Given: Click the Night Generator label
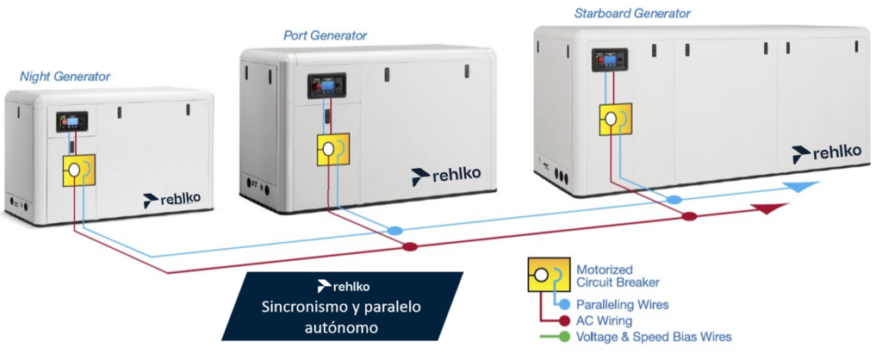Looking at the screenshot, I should [x=65, y=78].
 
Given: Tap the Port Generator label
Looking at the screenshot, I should [x=325, y=35].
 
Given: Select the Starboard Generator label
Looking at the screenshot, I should [x=632, y=13].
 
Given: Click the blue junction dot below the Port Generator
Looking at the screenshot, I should [x=395, y=231].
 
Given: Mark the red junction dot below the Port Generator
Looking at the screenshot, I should [x=410, y=247].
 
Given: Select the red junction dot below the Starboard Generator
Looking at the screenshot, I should [x=689, y=215].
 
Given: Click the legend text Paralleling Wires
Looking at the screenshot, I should [x=622, y=304].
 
